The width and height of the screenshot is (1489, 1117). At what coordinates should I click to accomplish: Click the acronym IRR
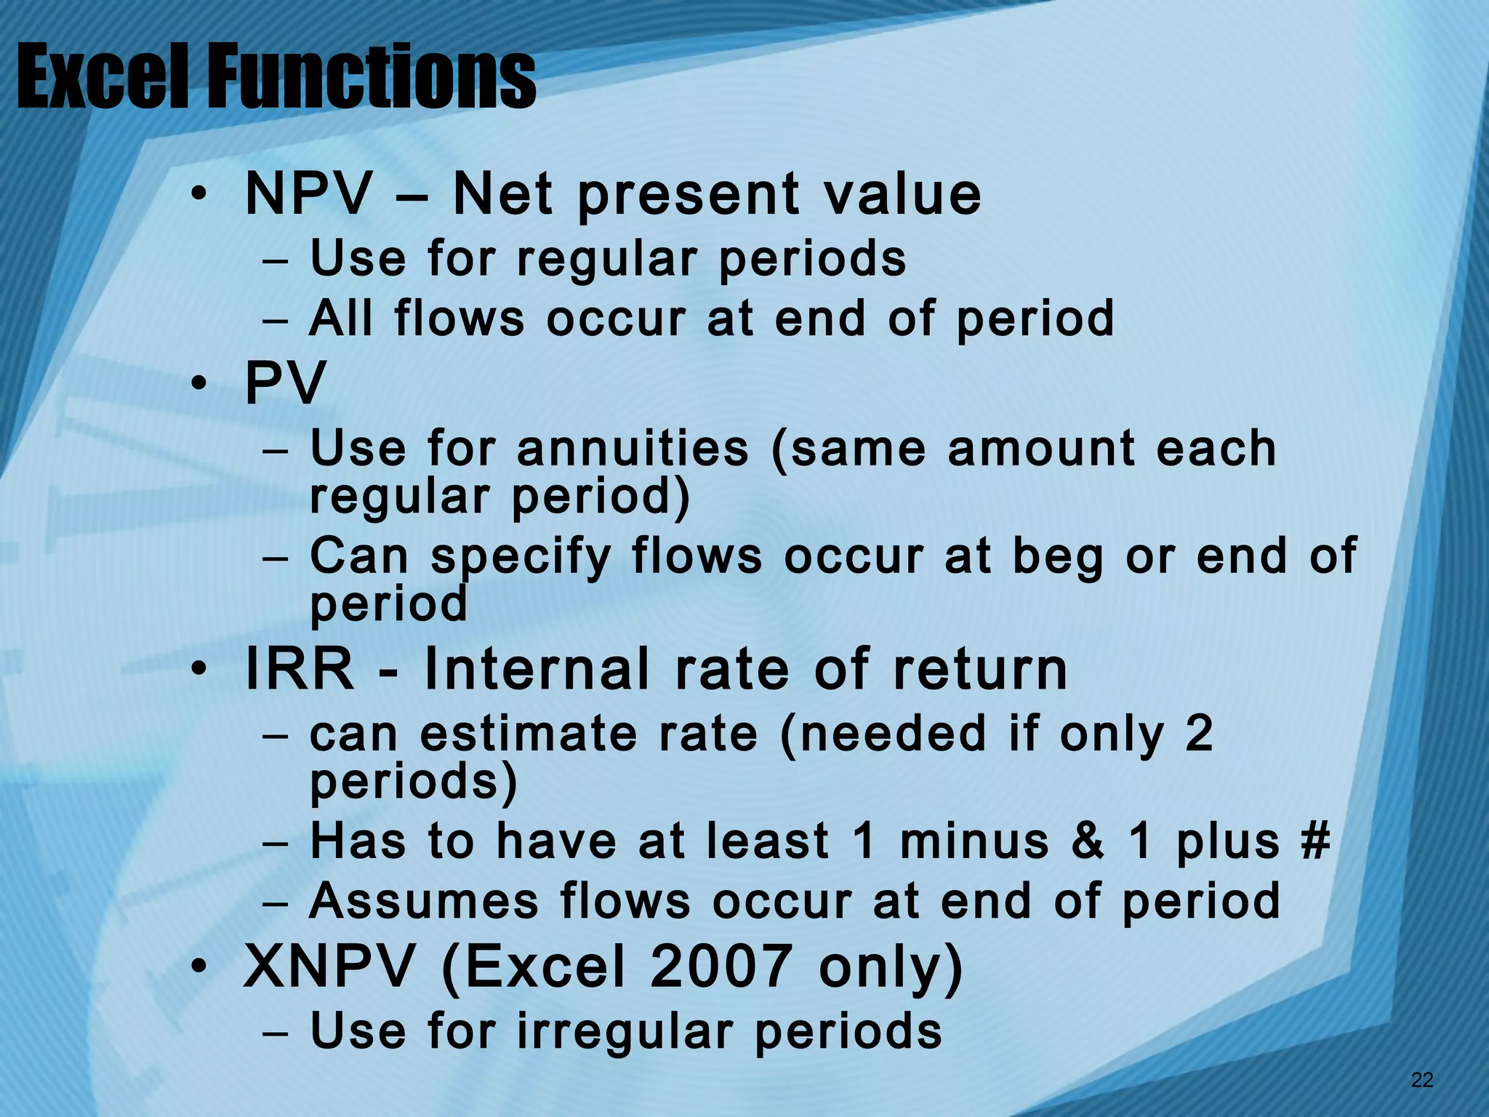300,669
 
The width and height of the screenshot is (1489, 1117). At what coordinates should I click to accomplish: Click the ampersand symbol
1088,841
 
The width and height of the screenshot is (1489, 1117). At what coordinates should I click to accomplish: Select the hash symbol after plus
1315,841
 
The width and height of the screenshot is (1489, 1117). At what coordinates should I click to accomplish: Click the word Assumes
424,902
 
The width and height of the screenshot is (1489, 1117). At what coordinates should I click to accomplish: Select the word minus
974,841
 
